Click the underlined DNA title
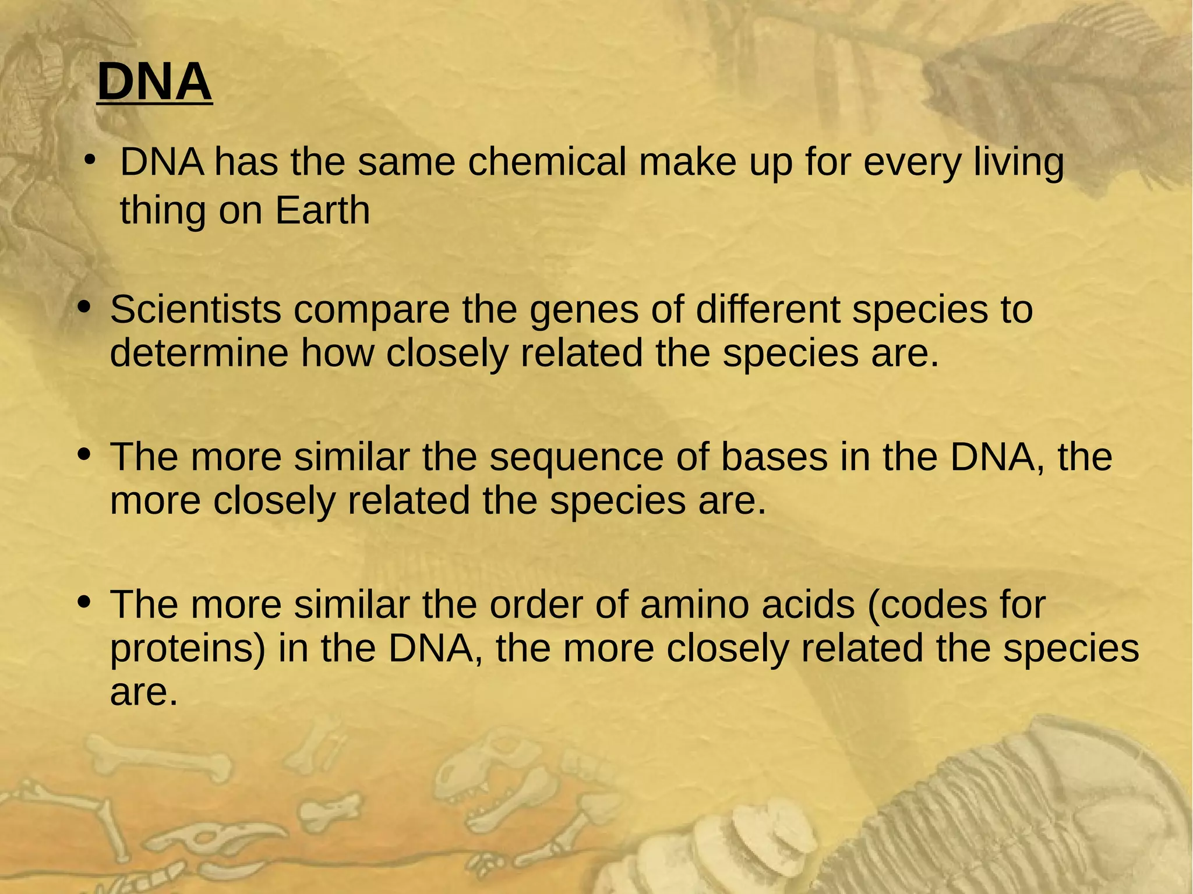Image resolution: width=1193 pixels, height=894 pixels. tap(154, 82)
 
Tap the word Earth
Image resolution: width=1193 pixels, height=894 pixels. tap(322, 210)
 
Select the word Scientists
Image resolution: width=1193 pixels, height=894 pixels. tap(196, 309)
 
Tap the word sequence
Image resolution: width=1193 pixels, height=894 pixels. tap(576, 458)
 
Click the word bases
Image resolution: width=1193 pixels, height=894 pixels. tap(774, 457)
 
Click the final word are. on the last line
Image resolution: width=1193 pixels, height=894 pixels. tap(143, 692)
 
